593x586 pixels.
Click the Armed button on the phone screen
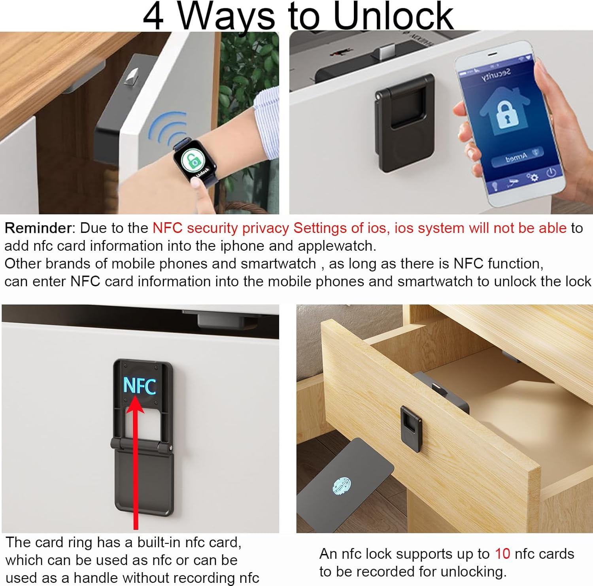516,158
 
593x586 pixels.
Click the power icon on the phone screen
551,172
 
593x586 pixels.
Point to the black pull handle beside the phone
404,123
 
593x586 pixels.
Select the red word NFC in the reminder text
167,228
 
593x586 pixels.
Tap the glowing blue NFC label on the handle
140,386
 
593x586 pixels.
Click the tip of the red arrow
135,397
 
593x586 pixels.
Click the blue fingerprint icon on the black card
342,486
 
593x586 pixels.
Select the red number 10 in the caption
502,554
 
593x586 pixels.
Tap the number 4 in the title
153,17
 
